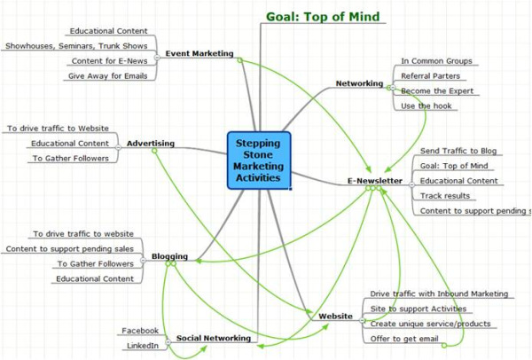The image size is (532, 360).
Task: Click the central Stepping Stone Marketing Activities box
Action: [259, 160]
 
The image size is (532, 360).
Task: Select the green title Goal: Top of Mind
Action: [323, 16]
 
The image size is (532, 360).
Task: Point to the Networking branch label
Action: [359, 83]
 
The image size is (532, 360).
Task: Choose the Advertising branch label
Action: [150, 142]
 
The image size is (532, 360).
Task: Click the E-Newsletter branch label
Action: [375, 181]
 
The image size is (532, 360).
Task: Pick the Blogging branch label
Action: [169, 256]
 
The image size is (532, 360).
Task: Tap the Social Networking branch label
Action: [213, 338]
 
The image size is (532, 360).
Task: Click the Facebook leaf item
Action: [139, 330]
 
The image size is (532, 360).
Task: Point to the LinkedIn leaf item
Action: [142, 345]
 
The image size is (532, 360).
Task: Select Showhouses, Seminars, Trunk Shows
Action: [77, 45]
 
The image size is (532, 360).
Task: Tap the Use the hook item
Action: [427, 106]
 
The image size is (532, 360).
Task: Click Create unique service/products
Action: [430, 324]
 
